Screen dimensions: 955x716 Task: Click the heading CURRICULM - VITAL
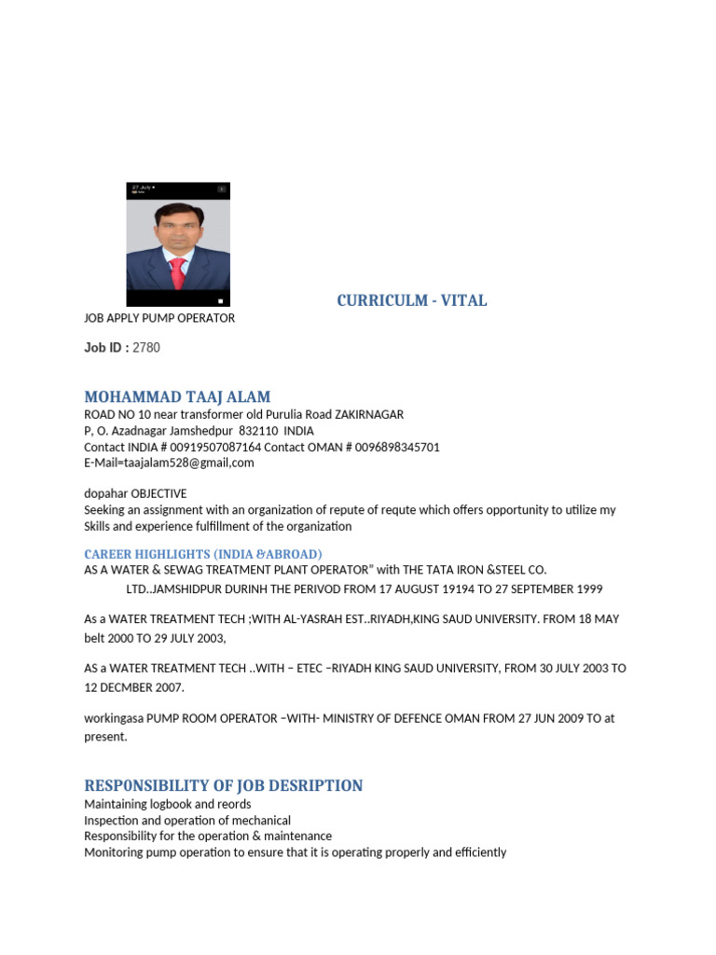(411, 300)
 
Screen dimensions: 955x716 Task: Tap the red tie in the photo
(177, 272)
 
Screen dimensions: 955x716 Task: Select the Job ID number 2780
(146, 348)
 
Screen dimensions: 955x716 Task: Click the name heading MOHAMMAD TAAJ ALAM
(177, 397)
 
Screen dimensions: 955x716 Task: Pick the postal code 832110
(257, 431)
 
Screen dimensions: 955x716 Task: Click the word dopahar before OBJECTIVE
(105, 493)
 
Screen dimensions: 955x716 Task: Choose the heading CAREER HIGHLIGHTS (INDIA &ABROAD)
(203, 554)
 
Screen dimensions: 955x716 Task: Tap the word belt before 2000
(97, 639)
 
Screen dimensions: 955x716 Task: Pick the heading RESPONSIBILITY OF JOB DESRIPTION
(224, 785)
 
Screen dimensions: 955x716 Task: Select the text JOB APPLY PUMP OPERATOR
(159, 318)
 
